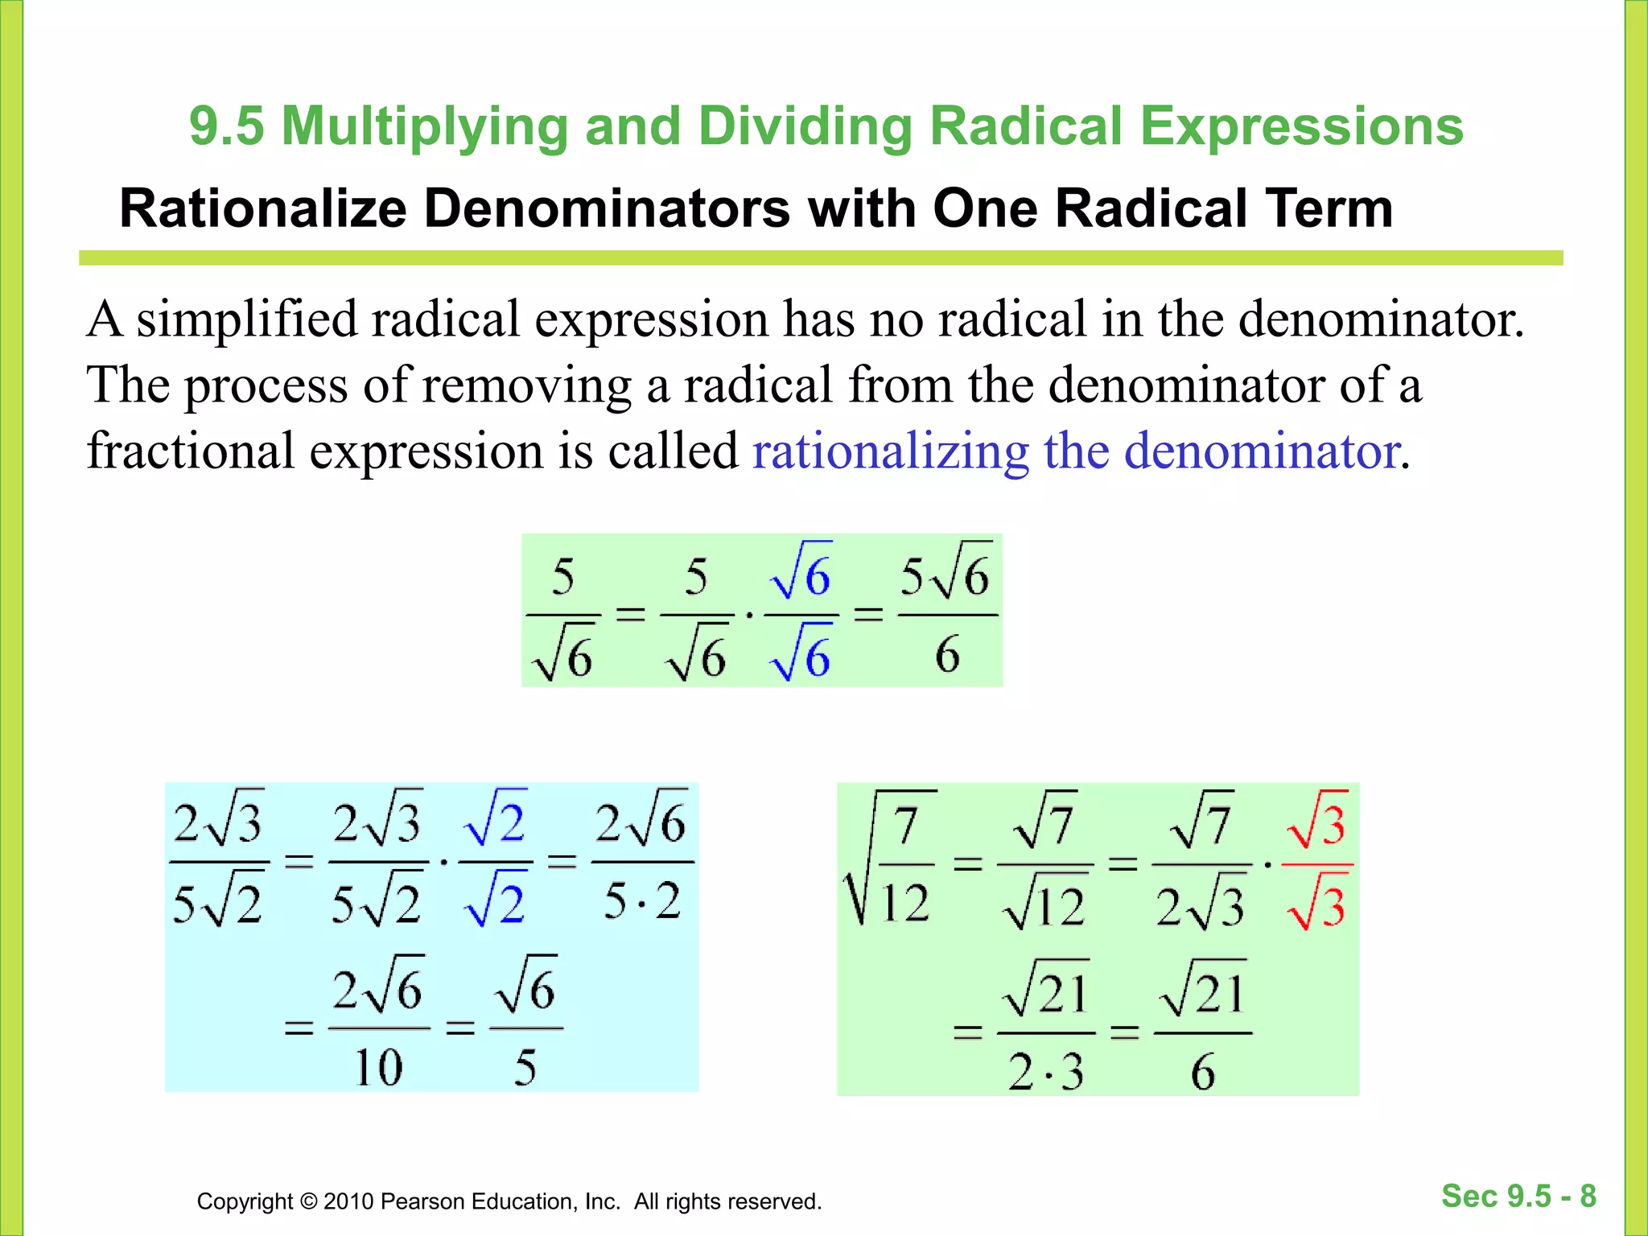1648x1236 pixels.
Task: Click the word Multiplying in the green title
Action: (x=424, y=127)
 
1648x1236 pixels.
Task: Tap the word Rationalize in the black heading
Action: (x=263, y=209)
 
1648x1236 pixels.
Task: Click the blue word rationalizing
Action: (x=891, y=451)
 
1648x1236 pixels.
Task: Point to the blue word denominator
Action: (x=1261, y=451)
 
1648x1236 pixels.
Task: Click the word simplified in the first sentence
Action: (x=246, y=319)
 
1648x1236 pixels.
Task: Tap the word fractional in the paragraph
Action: (x=191, y=451)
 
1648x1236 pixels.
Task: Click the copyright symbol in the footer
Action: (x=308, y=1201)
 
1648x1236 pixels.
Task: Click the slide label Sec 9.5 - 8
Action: (x=1518, y=1196)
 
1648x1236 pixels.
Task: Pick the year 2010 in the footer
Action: (x=348, y=1201)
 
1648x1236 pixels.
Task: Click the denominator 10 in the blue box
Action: (x=378, y=1068)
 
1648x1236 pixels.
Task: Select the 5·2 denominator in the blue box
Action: (x=642, y=900)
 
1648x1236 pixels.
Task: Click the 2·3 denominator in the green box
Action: (x=1045, y=1073)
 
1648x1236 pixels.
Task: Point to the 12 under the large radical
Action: (x=904, y=902)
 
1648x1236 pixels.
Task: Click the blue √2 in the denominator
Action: (x=496, y=902)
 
